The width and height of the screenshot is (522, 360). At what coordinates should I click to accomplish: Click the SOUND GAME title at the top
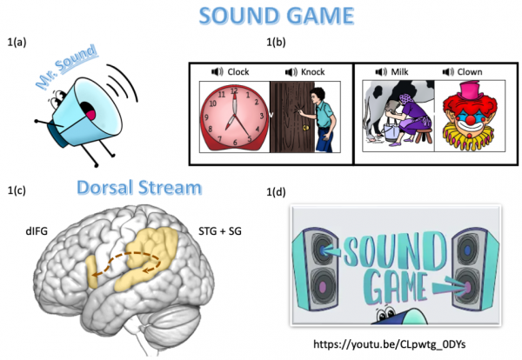point(262,17)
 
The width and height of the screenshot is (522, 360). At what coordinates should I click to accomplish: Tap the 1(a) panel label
point(18,41)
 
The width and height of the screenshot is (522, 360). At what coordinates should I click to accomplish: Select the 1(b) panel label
point(276,41)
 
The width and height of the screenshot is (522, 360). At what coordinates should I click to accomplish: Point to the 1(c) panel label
point(18,188)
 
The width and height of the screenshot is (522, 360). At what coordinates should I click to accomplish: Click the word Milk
point(399,72)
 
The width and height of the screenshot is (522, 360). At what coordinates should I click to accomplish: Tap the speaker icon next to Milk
point(379,72)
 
